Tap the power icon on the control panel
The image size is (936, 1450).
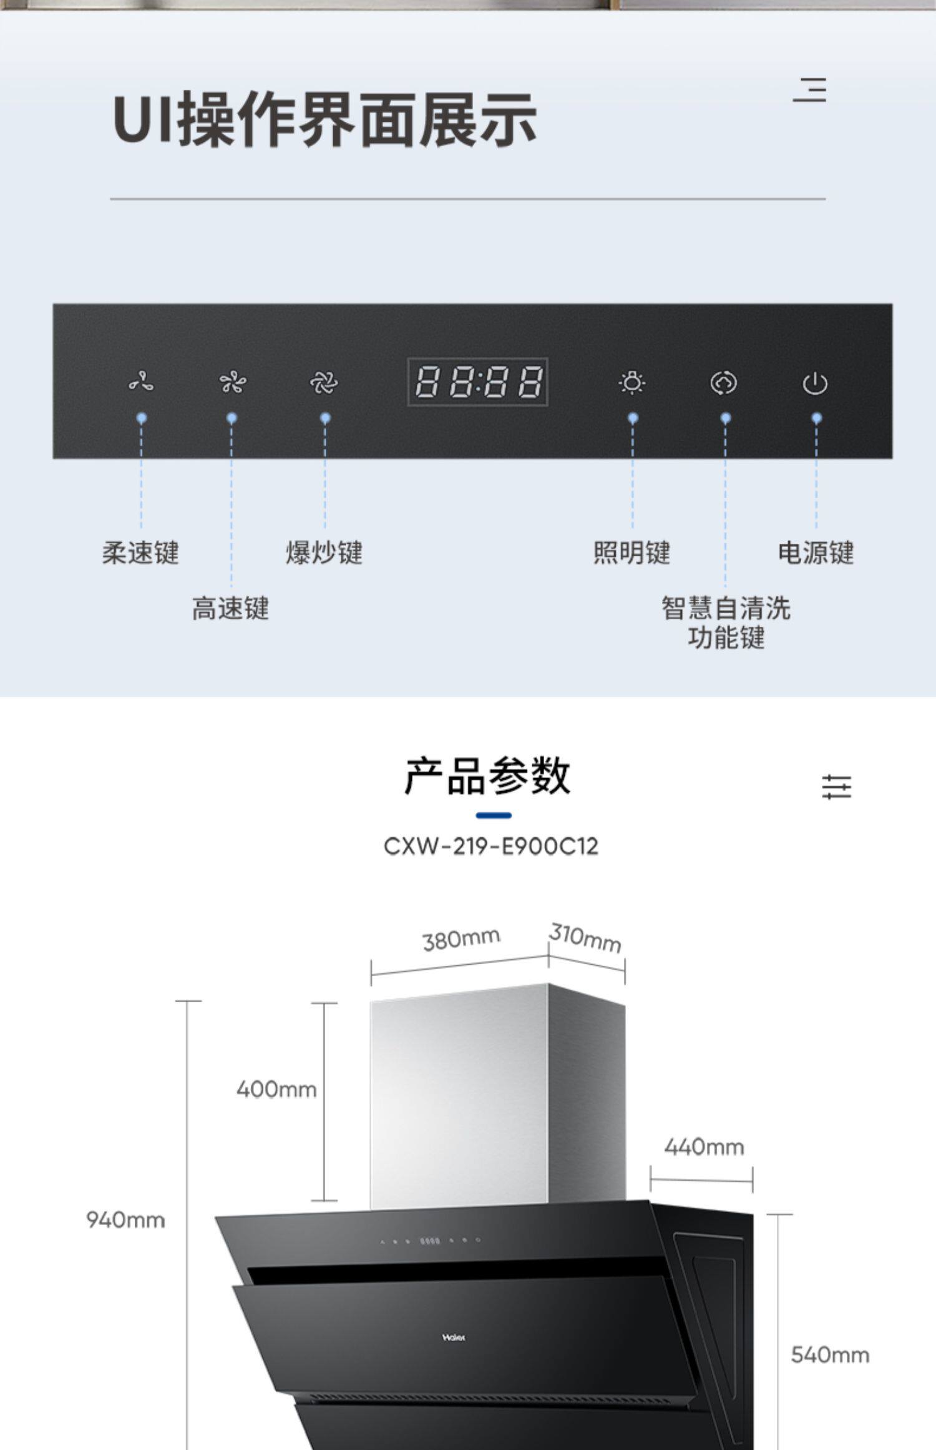click(815, 383)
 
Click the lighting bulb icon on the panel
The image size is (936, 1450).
click(632, 382)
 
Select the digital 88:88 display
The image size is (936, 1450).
click(477, 382)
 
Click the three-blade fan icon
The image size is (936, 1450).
click(142, 382)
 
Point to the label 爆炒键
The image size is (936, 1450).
click(324, 553)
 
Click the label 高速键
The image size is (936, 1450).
click(230, 608)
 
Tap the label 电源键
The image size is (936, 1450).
click(816, 553)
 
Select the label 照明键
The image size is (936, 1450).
click(631, 553)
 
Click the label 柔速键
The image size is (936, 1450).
click(140, 553)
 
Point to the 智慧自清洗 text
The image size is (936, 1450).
click(726, 608)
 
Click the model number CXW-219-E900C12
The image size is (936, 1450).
click(490, 846)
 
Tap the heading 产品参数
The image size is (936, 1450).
click(487, 776)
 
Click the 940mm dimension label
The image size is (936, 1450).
click(125, 1219)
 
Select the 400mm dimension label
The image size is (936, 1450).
click(276, 1089)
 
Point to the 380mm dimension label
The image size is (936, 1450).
click(461, 939)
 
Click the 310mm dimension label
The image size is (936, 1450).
click(585, 937)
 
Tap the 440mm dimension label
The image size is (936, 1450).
click(704, 1147)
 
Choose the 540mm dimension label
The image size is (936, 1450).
click(829, 1354)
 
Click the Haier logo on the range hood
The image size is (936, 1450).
click(454, 1338)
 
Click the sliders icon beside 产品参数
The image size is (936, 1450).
click(836, 786)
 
